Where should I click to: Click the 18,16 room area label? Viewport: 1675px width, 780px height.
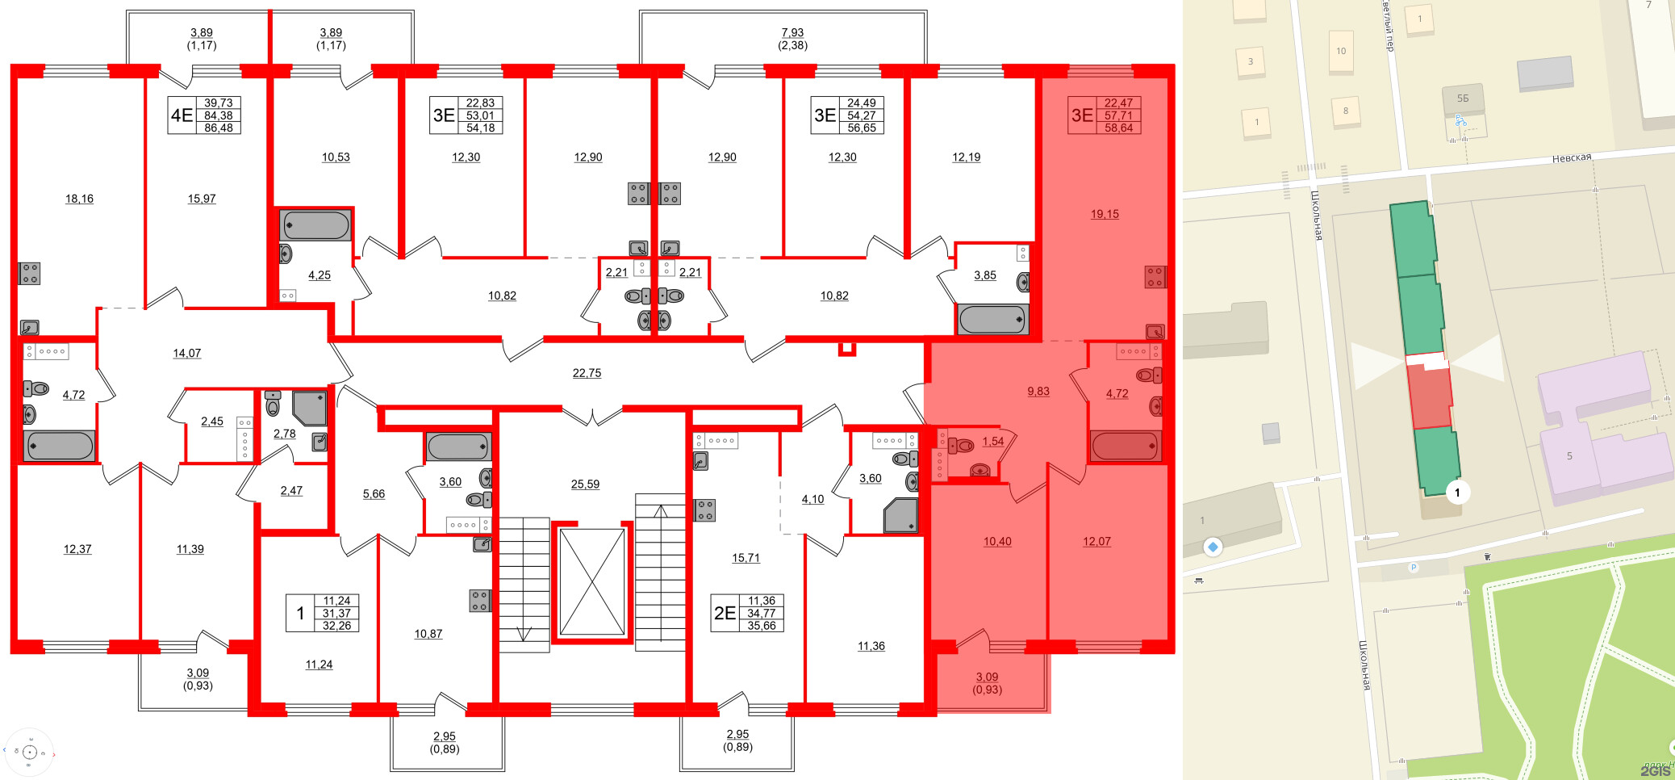(79, 199)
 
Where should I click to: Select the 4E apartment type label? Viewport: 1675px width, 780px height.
(182, 115)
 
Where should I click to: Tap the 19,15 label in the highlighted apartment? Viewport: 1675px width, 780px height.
(1105, 214)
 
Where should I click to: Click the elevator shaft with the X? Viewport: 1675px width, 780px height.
(592, 582)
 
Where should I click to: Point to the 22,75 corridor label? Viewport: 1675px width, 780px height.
(587, 373)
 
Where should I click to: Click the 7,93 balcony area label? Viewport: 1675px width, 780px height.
(792, 33)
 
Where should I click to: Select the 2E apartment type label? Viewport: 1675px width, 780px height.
(725, 614)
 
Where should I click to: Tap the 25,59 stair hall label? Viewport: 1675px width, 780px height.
(585, 484)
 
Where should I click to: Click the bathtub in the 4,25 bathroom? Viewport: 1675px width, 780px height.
(315, 225)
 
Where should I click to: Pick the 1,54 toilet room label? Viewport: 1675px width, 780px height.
(993, 442)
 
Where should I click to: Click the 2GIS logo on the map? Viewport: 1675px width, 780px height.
(1655, 771)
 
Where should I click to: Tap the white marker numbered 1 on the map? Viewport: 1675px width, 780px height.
(1457, 493)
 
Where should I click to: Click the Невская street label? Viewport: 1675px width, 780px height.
(1571, 158)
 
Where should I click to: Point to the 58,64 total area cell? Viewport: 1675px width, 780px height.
(1118, 128)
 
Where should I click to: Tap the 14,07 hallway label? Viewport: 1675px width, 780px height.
(186, 354)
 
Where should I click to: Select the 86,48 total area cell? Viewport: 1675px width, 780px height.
(218, 128)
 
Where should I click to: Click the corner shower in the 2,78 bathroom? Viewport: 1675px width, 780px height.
(310, 408)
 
